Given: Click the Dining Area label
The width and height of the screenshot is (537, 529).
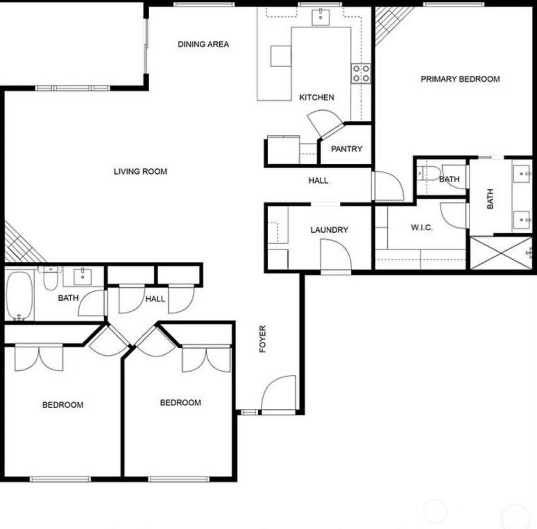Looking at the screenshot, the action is click(x=203, y=44).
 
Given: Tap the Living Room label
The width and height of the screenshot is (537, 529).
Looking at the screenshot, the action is click(x=140, y=171).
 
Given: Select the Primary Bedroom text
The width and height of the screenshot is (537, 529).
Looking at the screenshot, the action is click(x=460, y=79).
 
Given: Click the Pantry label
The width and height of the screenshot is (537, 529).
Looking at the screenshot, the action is click(x=347, y=149).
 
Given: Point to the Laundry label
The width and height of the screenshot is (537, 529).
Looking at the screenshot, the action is click(x=330, y=230).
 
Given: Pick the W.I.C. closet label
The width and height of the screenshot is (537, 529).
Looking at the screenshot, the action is click(x=421, y=227).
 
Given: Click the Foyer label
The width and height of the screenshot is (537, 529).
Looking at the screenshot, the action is click(x=263, y=339).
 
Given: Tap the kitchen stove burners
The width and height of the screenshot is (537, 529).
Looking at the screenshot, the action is click(x=361, y=73).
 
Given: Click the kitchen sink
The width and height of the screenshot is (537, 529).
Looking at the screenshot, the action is click(x=321, y=17).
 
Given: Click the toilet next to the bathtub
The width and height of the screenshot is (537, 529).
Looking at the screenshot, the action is click(x=51, y=279).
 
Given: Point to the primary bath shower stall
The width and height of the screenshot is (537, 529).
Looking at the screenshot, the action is click(x=501, y=253).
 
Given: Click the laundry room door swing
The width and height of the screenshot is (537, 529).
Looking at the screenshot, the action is click(x=336, y=254).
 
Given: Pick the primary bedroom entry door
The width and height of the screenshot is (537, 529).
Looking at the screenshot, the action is click(x=389, y=186).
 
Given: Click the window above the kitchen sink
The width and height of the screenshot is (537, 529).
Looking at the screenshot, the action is click(x=320, y=4).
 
